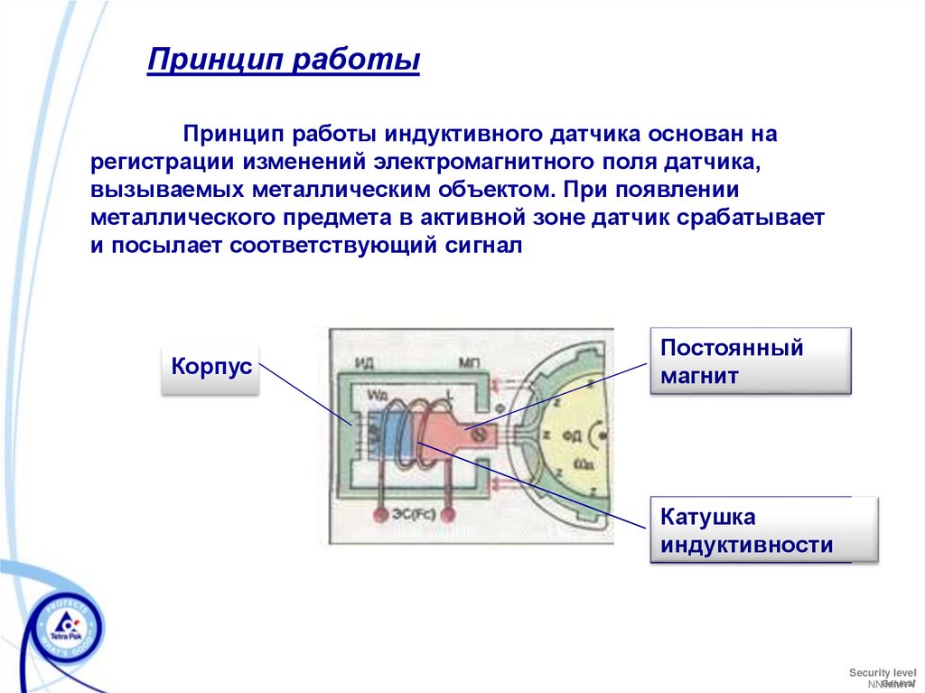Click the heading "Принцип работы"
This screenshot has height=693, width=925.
(x=284, y=61)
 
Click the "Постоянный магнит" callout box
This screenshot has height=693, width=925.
(x=750, y=361)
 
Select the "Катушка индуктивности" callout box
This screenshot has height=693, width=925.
(x=750, y=531)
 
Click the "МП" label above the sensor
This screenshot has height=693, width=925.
(x=470, y=363)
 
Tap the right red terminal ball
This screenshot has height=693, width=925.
(x=449, y=514)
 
